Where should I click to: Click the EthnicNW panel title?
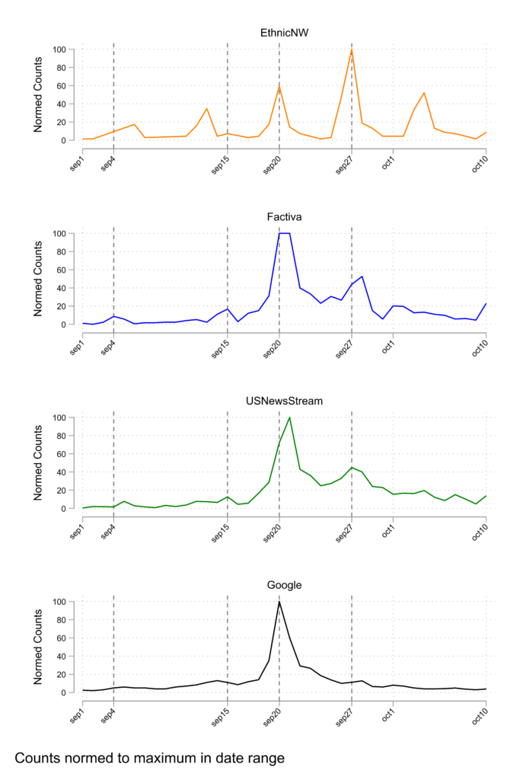coord(284,33)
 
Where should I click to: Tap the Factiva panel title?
coord(284,217)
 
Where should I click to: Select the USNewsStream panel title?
coord(284,401)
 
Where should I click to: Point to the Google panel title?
coord(284,586)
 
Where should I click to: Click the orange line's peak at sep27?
coord(352,50)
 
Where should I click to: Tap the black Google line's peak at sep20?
coord(279,602)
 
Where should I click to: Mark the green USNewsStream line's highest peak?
coord(289,417)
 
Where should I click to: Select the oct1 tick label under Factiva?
coord(388,347)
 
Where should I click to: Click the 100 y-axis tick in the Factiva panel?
coord(59,233)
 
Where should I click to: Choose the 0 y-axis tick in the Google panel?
coord(64,692)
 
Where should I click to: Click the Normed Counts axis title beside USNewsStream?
coord(37,463)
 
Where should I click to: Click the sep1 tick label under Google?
coord(76,715)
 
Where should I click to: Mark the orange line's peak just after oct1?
coord(424,93)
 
